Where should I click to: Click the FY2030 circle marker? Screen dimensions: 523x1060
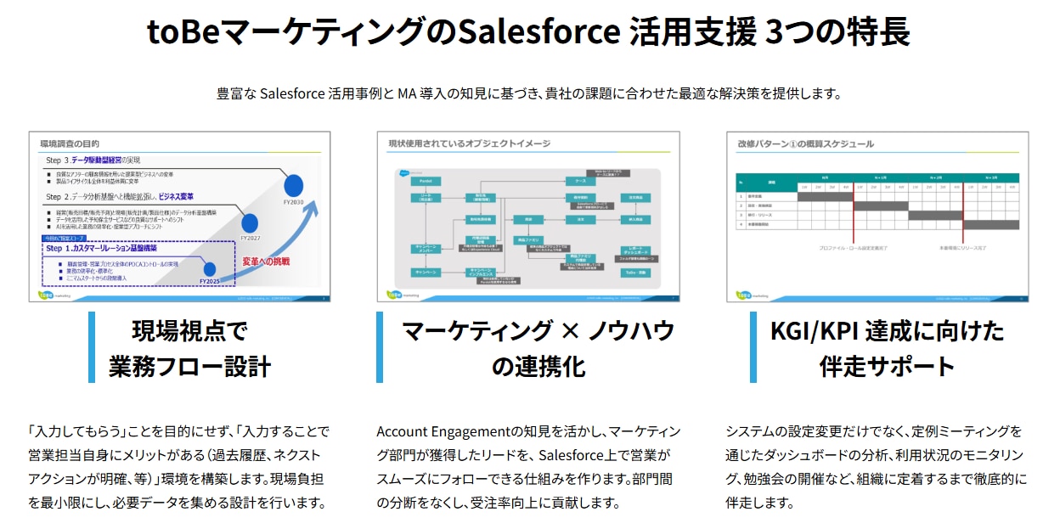click(294, 183)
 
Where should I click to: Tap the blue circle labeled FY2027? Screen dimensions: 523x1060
click(250, 222)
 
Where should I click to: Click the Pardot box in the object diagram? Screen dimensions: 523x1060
click(425, 181)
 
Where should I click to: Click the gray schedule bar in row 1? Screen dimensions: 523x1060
click(825, 196)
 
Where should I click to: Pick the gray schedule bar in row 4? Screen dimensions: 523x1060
click(990, 225)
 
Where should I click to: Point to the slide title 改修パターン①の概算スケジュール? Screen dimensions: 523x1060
click(805, 143)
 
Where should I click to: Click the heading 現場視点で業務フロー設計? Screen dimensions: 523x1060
click(189, 348)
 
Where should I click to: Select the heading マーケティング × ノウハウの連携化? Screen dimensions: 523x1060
click(538, 348)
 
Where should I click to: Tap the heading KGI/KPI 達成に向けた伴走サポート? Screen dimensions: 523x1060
click(887, 348)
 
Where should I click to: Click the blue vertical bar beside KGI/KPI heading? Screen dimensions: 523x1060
click(753, 347)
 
